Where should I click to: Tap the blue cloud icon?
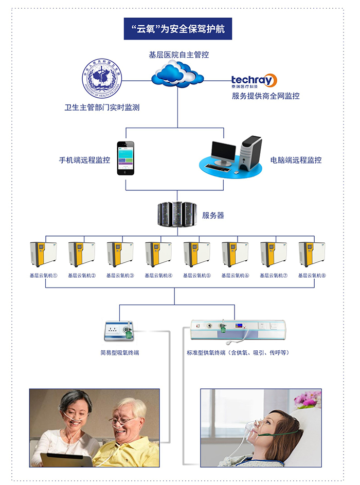(x=177, y=74)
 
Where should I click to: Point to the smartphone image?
(x=124, y=158)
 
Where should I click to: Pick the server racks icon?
(x=177, y=215)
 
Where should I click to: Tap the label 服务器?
(x=213, y=215)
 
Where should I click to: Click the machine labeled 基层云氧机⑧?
(x=312, y=254)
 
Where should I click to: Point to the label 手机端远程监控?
(x=84, y=160)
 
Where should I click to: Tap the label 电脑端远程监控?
(x=296, y=160)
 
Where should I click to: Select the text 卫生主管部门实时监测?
(x=102, y=107)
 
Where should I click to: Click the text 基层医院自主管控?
(x=178, y=55)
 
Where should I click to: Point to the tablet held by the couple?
(x=66, y=459)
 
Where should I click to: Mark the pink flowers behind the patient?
(x=307, y=399)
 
